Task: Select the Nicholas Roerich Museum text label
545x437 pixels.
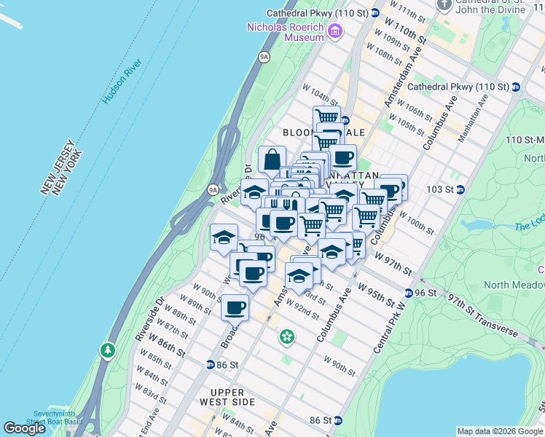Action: click(285, 31)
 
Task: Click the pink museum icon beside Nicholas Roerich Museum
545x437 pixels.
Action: click(334, 31)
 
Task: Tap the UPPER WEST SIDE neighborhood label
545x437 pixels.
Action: click(227, 397)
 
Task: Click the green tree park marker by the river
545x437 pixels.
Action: click(109, 351)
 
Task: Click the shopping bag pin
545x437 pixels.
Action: click(272, 159)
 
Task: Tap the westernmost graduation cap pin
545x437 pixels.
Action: click(224, 237)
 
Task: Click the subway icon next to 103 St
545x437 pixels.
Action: click(460, 189)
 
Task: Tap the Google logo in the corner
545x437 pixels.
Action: click(24, 428)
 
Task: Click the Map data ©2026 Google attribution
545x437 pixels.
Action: click(500, 431)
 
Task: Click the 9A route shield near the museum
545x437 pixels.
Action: click(264, 56)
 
